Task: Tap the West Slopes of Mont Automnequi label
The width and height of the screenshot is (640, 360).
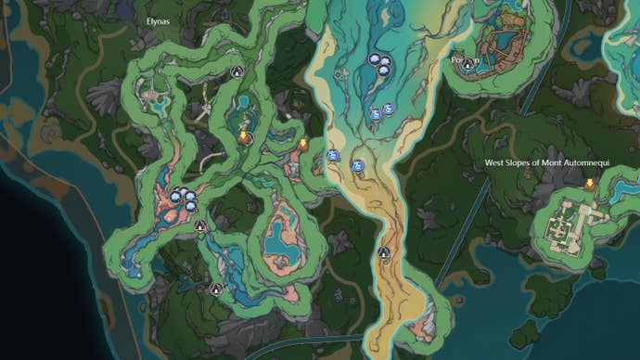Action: [562, 162]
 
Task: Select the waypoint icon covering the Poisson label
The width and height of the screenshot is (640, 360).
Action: [469, 63]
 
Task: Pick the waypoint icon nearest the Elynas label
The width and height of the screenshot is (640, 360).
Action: [236, 71]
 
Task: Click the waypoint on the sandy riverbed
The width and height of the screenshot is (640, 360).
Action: [383, 252]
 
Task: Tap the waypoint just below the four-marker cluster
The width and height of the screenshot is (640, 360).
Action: [200, 225]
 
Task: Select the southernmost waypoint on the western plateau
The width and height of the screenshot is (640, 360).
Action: [216, 289]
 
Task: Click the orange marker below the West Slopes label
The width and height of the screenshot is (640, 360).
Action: [588, 184]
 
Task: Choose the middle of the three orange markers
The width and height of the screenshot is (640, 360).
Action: [302, 144]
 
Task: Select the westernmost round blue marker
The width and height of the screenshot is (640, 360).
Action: [331, 156]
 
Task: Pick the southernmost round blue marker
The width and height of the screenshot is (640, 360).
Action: [357, 166]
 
